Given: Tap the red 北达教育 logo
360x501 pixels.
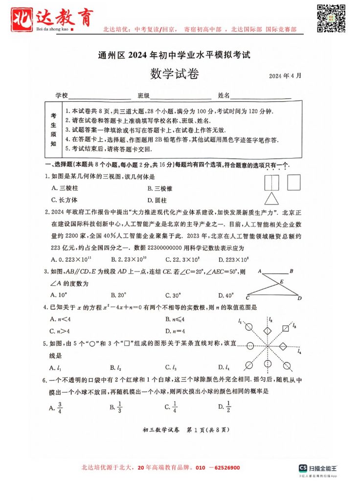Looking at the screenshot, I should (51, 19).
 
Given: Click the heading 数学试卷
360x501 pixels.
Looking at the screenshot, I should (174, 74).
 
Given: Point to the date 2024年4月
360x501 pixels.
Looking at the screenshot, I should (285, 76).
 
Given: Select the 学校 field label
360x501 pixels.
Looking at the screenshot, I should (61, 95).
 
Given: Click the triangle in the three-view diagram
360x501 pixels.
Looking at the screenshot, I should (270, 198).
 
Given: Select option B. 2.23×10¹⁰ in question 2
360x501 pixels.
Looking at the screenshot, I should (130, 259).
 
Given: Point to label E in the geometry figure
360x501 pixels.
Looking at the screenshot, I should (281, 281).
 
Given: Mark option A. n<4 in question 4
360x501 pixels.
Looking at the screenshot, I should (61, 319).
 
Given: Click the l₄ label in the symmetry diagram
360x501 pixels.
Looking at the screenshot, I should (299, 351).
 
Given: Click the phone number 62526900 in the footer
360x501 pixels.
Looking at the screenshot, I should (224, 468).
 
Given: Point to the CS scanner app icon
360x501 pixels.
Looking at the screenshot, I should (303, 468).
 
